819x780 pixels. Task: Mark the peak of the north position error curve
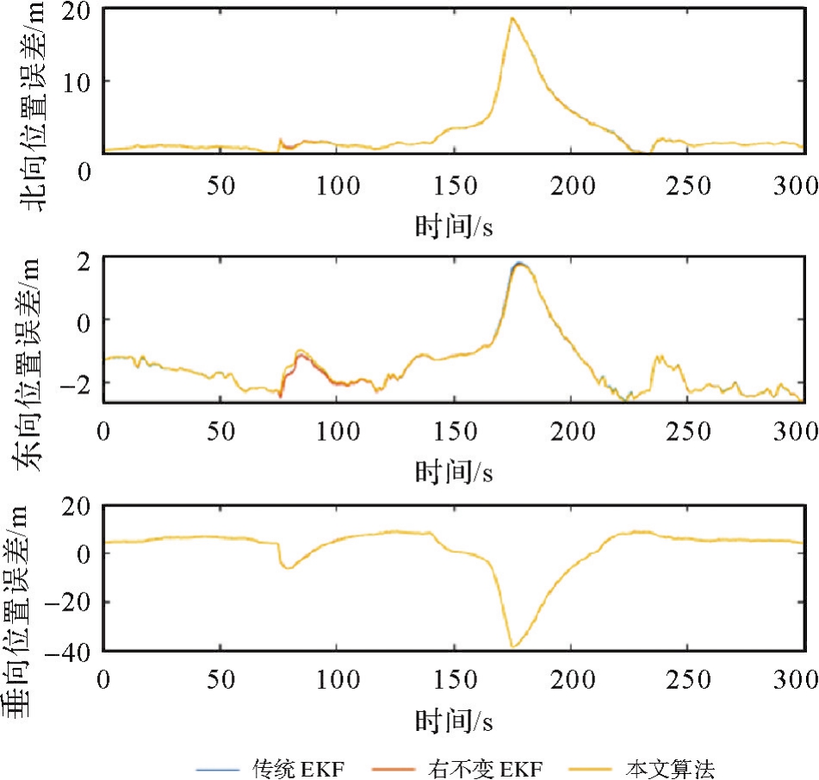click(512, 18)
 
